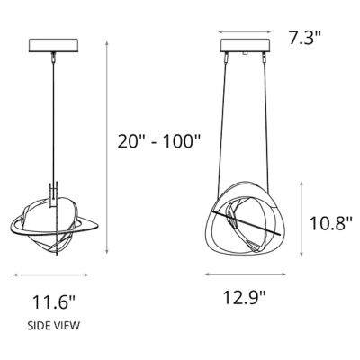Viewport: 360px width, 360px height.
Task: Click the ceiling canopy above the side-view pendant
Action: tap(57, 44)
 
